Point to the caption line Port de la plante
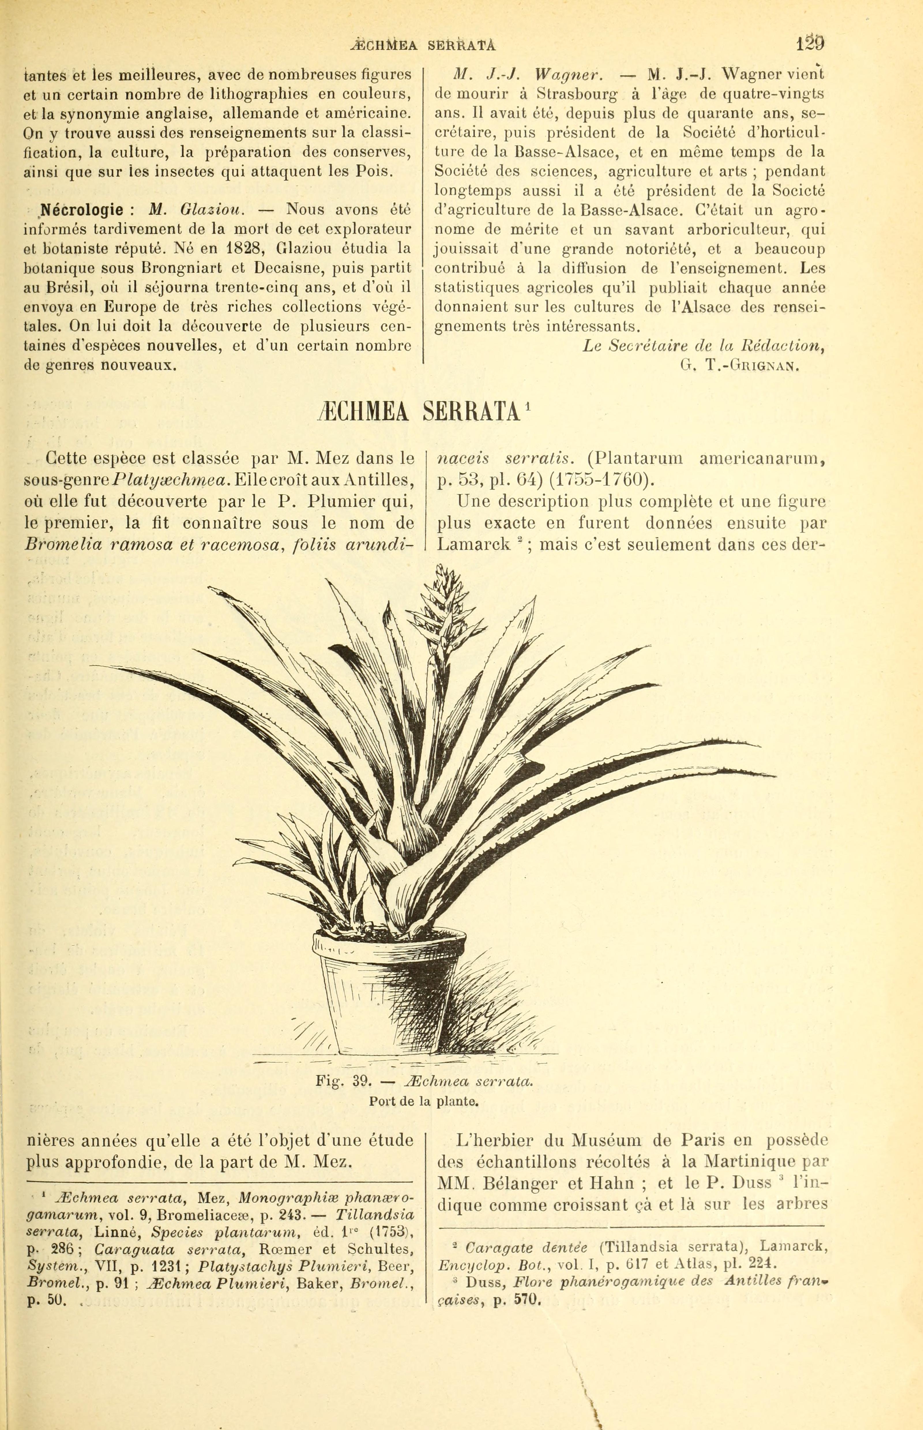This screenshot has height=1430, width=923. point(423,1101)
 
